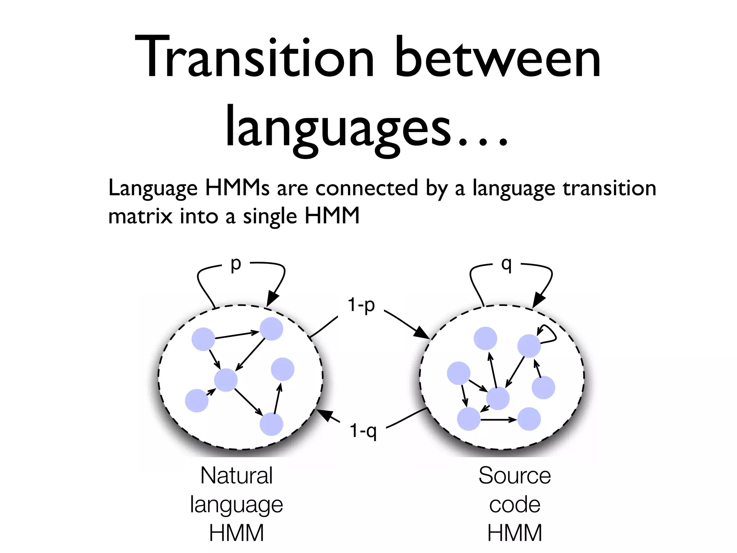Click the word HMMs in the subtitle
coord(237,188)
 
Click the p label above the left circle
coord(236,265)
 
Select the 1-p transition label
coord(361,305)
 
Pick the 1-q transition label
coord(363,431)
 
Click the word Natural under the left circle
coord(236,476)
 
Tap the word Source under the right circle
coord(515,476)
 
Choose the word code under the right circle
coord(515,504)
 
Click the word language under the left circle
coord(236,505)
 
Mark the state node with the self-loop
coord(529,346)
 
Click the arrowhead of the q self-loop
coord(538,300)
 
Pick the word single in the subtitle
coord(270,216)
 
